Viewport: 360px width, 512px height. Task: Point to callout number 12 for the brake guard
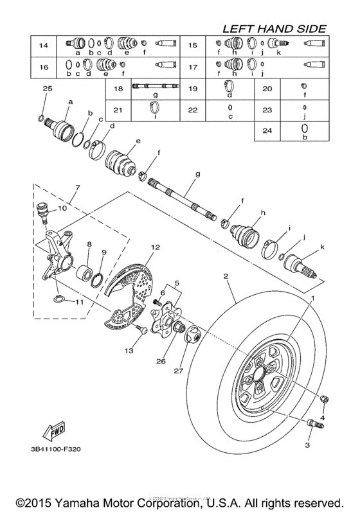(154, 247)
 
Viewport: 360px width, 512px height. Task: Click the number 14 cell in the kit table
(44, 45)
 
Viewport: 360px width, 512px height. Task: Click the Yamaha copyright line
(179, 500)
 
